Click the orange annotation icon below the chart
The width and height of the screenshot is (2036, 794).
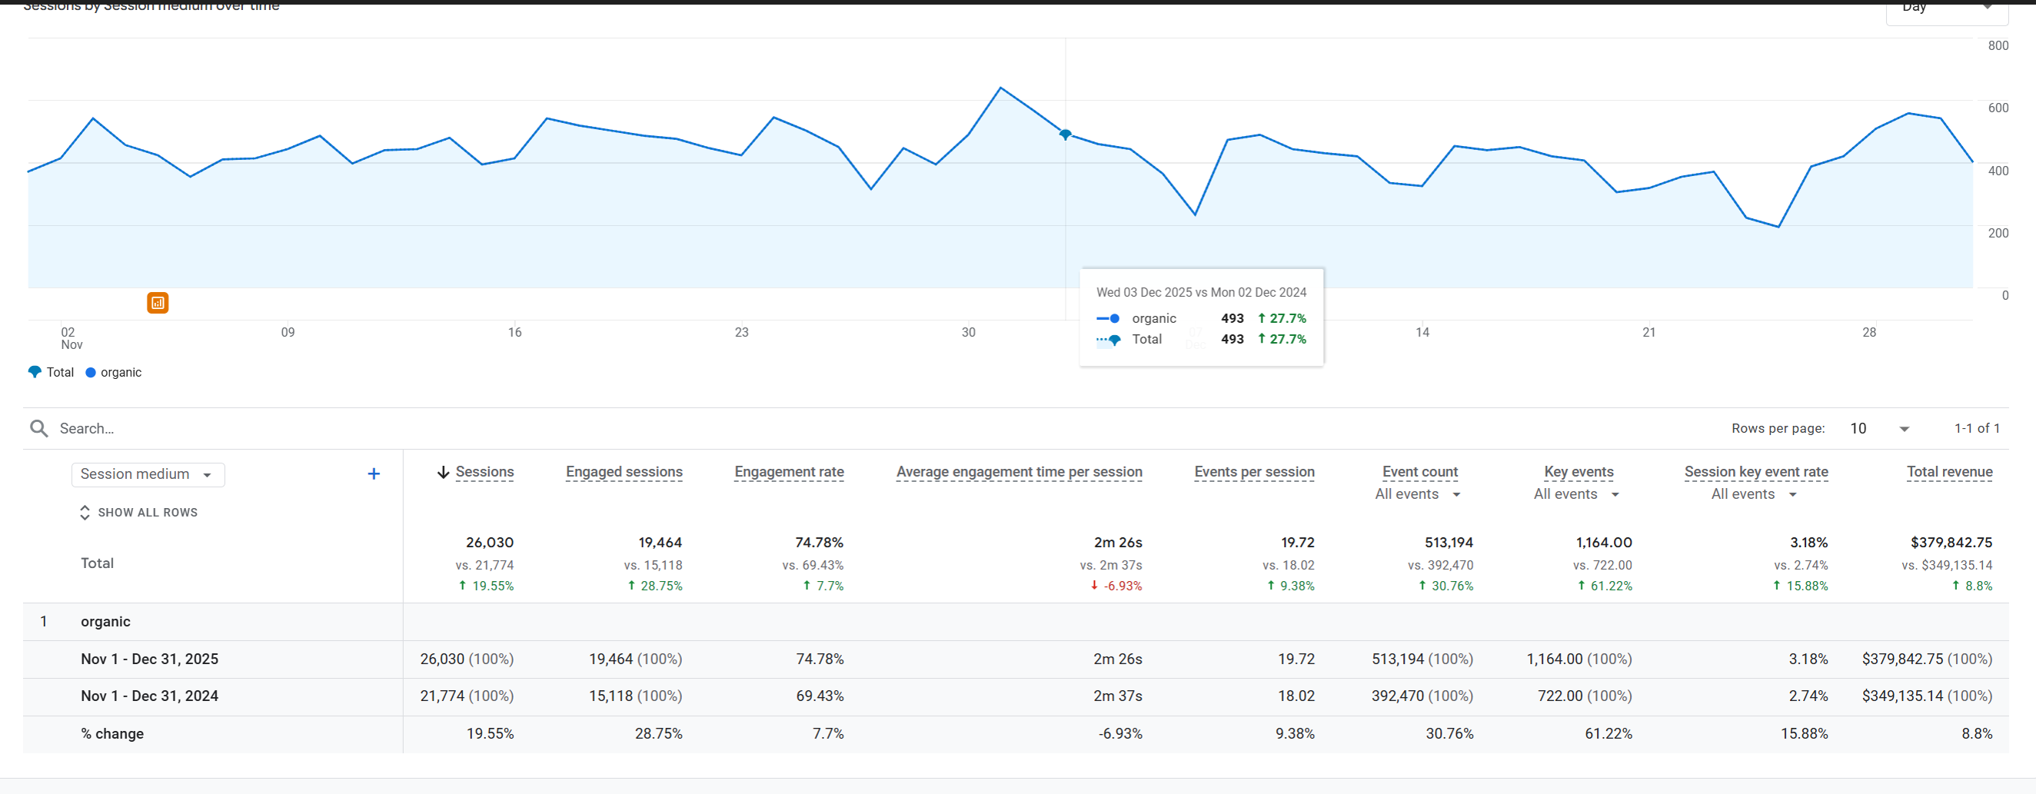point(158,303)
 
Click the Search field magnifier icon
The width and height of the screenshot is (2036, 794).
point(38,428)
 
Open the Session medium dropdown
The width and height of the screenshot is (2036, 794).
point(148,474)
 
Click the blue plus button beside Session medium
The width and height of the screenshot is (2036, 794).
point(374,474)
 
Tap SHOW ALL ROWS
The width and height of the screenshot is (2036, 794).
point(139,513)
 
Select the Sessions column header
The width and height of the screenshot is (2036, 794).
point(484,472)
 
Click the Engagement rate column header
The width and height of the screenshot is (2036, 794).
point(789,472)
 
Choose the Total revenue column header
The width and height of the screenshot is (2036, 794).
point(1949,472)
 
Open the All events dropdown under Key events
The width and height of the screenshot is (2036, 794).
point(1576,494)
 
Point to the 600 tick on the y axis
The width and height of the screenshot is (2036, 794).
point(1998,108)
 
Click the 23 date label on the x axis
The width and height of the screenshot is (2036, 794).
point(741,333)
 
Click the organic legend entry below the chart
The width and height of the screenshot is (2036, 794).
point(114,372)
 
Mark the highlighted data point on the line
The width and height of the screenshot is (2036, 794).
point(1066,135)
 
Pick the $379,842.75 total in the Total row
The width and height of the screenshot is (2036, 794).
point(1951,543)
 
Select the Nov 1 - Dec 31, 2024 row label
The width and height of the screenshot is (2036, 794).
point(149,696)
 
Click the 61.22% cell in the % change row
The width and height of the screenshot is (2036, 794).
point(1608,734)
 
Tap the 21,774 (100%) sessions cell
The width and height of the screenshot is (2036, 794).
point(466,696)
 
